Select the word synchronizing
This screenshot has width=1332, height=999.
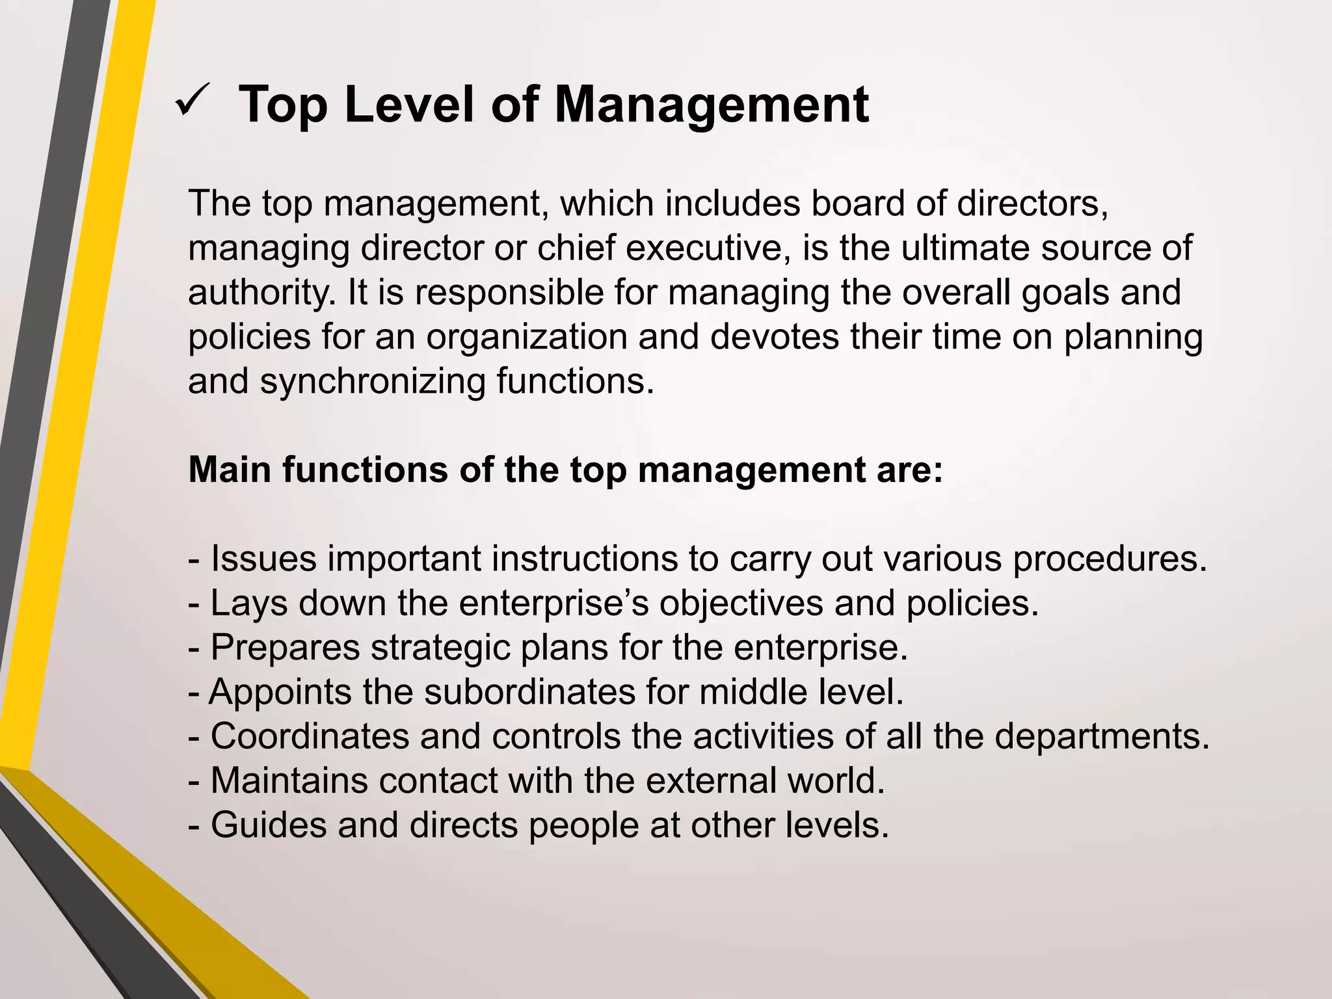click(x=373, y=382)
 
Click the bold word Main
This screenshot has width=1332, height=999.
click(x=230, y=470)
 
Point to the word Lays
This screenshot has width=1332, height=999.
click(x=249, y=603)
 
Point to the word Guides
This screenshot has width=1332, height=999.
click(x=269, y=825)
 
